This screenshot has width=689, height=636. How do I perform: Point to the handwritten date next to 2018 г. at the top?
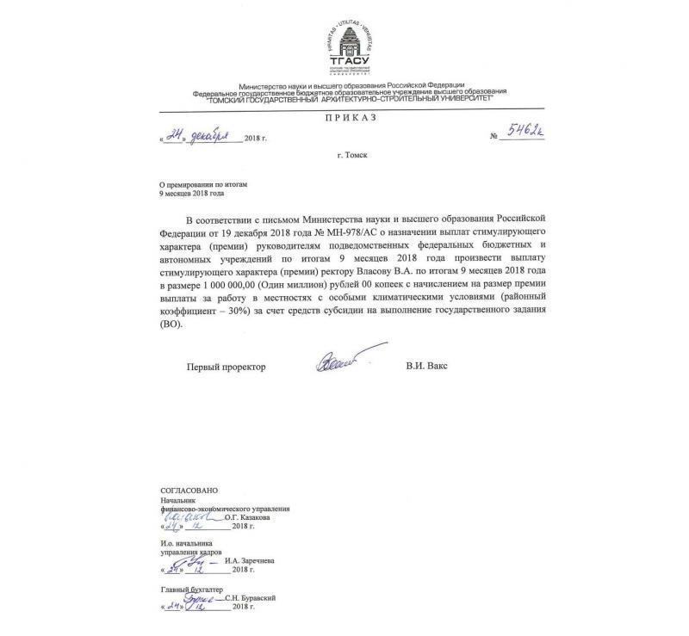click(x=201, y=136)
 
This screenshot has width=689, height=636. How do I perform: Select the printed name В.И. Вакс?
click(x=426, y=367)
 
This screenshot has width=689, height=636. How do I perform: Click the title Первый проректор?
click(x=227, y=367)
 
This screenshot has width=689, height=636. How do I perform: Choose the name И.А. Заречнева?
click(x=251, y=560)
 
